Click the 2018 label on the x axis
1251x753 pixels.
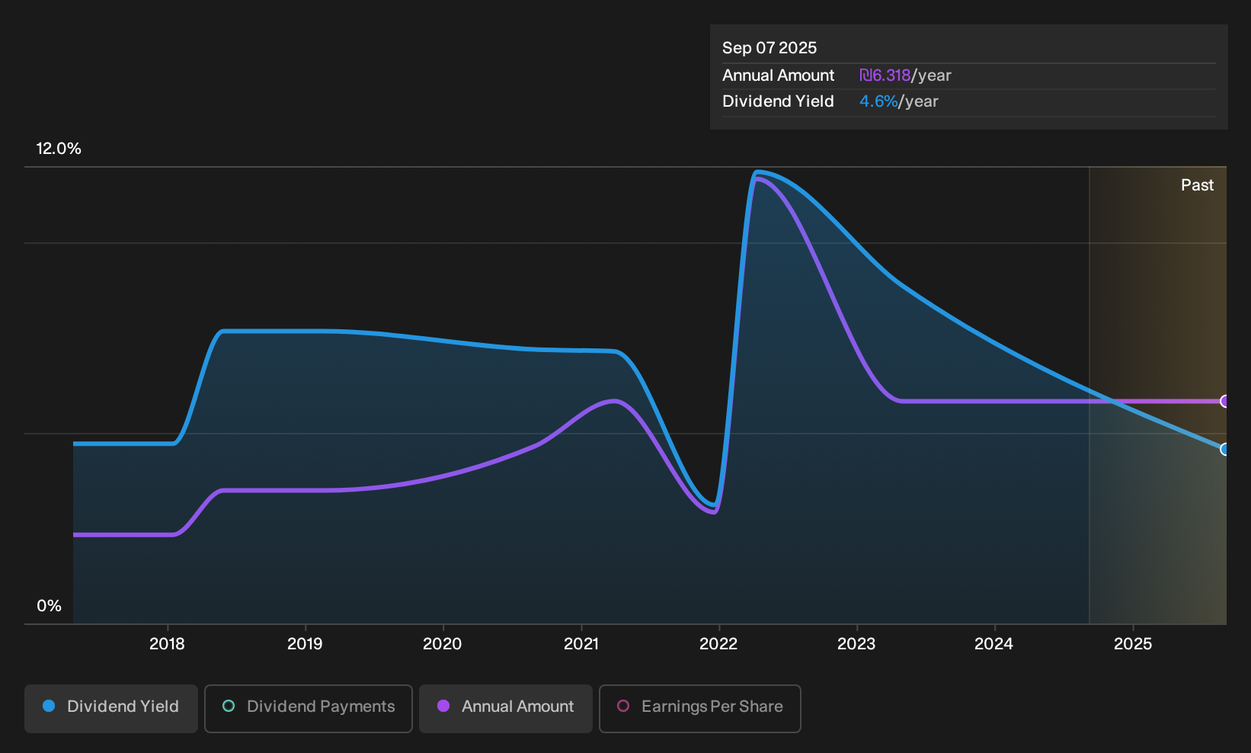coord(167,644)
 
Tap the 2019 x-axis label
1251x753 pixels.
coord(305,644)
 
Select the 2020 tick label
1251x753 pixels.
coord(443,644)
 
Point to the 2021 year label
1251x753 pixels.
coord(581,644)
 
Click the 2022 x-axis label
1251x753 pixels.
coord(718,644)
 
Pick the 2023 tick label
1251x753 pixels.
coord(856,644)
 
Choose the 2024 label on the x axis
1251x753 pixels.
coord(994,644)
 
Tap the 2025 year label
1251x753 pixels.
coord(1133,644)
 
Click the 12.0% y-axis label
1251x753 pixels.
coord(59,149)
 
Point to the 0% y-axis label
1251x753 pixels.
coord(50,606)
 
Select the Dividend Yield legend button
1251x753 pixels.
coord(111,708)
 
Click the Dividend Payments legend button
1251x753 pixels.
coord(309,708)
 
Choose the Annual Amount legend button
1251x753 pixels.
coord(505,708)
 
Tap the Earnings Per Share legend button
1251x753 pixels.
coord(699,708)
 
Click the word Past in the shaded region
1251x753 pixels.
coord(1198,185)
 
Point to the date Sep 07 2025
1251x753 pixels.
coord(769,48)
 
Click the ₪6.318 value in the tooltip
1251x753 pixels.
coord(885,75)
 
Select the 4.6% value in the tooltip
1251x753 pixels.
coord(878,101)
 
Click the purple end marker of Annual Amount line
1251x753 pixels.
coord(1224,401)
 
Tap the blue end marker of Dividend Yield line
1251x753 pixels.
coord(1224,449)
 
